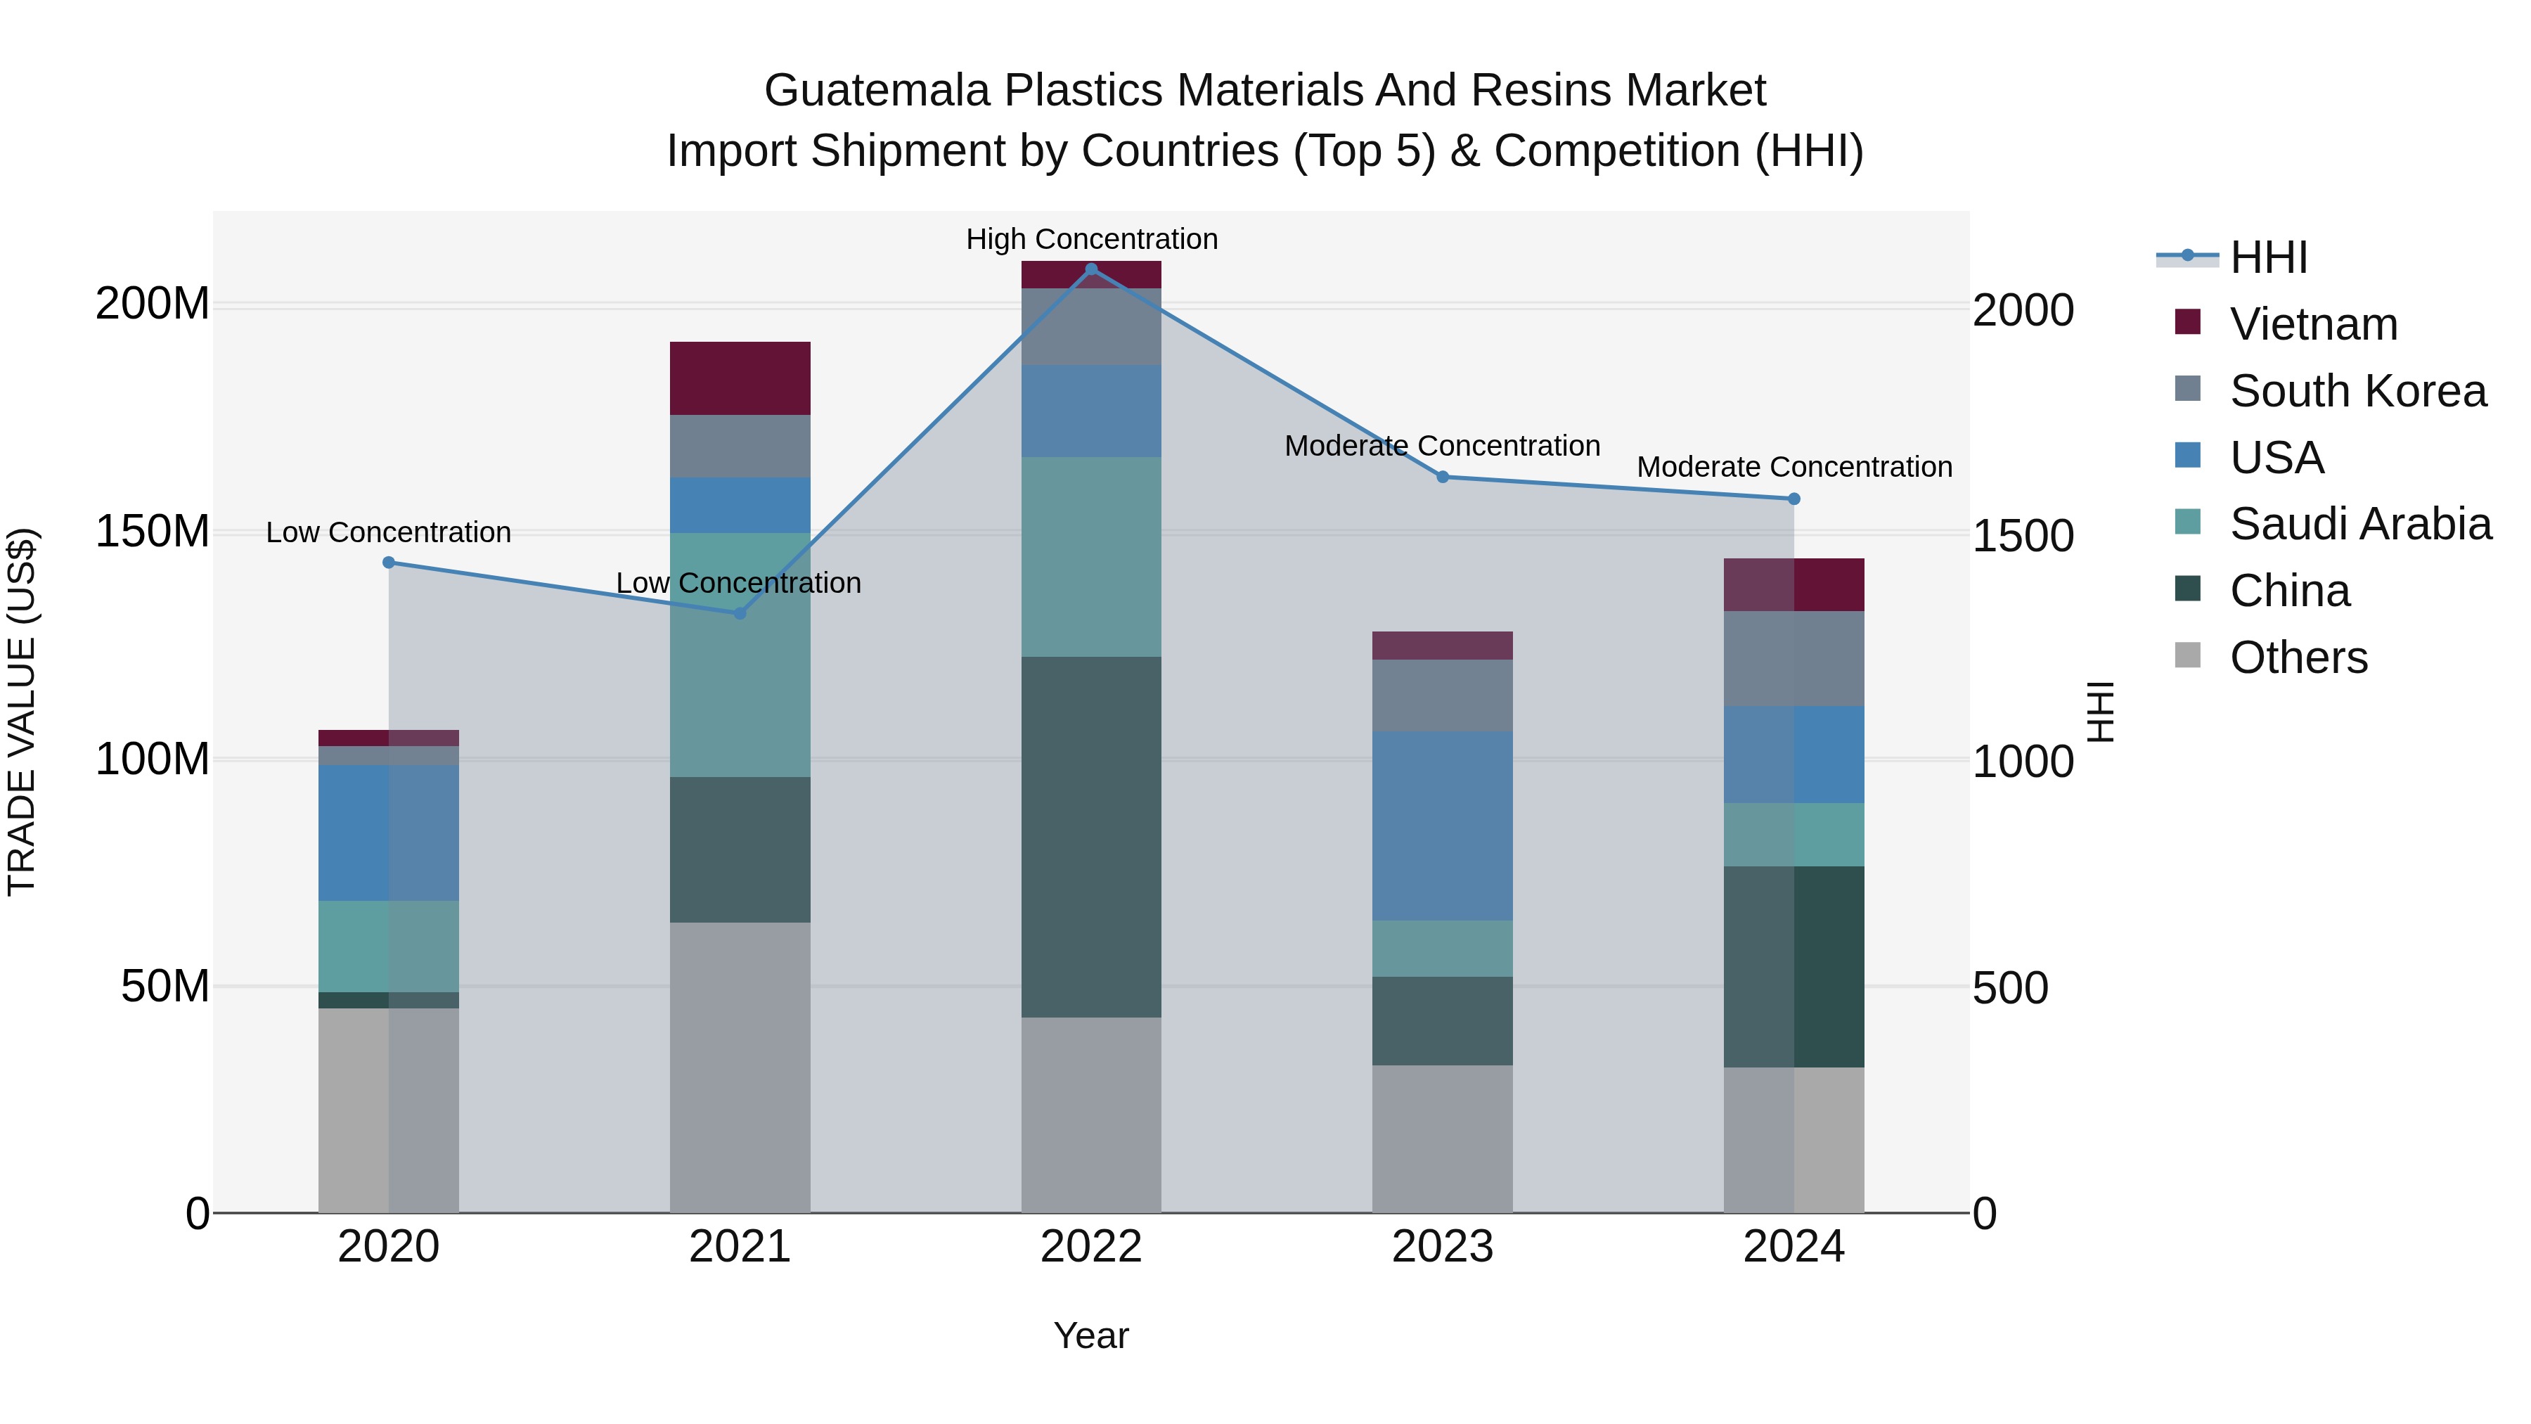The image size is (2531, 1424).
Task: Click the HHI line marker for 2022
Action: click(1090, 269)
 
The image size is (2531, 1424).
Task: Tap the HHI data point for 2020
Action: click(388, 562)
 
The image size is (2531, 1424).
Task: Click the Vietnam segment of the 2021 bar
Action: click(740, 378)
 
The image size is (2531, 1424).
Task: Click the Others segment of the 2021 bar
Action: click(740, 1066)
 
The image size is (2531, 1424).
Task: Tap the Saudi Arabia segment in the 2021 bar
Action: click(740, 655)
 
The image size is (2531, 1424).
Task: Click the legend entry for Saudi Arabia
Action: click(2359, 524)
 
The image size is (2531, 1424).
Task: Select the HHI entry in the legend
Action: click(2267, 257)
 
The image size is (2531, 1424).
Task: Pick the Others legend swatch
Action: click(2187, 655)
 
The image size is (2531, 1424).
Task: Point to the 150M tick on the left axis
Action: click(153, 532)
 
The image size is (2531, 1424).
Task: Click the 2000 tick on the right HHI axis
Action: click(2023, 311)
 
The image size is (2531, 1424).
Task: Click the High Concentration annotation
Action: click(1090, 239)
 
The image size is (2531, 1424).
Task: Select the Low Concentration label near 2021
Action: click(738, 583)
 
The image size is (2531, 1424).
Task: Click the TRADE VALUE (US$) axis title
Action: click(22, 712)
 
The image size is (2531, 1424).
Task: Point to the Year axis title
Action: click(1090, 1335)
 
